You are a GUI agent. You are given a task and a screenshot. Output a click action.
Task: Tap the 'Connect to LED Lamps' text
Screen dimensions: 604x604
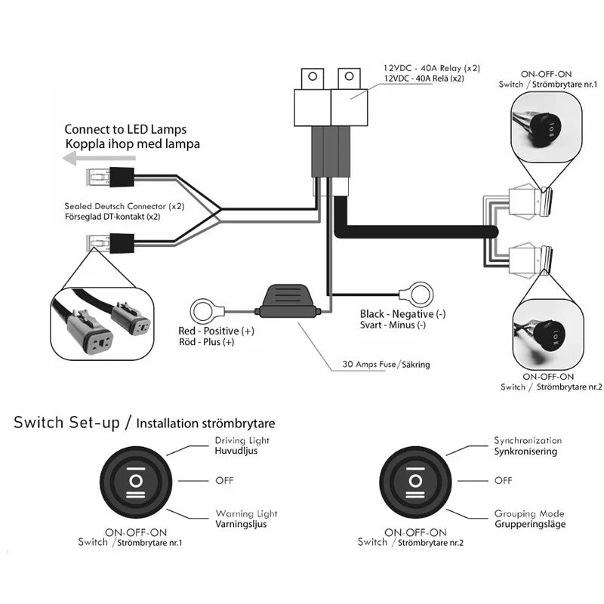coord(125,129)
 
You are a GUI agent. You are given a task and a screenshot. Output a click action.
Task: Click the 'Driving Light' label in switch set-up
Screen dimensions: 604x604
coord(242,440)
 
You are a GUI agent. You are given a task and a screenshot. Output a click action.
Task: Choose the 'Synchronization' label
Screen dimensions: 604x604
coord(528,440)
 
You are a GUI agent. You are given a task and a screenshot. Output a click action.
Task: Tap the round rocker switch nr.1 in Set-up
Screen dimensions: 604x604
coord(136,481)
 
